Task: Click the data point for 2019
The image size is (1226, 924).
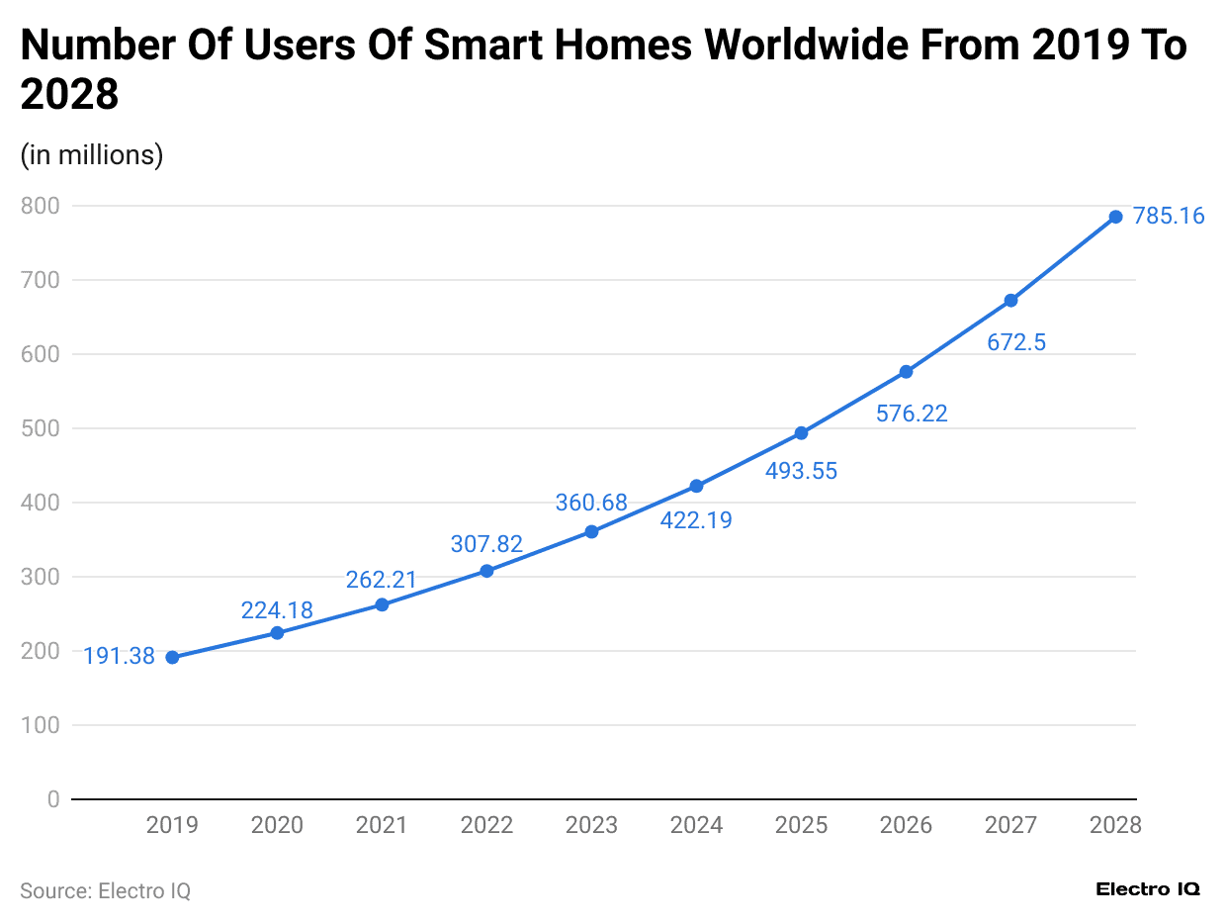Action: point(172,658)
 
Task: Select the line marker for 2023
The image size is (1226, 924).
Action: point(591,532)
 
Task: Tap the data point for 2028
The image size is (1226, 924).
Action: point(1115,217)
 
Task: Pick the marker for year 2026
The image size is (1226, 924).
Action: point(906,372)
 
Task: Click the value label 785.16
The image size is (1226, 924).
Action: point(1169,216)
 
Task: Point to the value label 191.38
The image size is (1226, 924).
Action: point(119,656)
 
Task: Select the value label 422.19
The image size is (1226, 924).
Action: point(696,520)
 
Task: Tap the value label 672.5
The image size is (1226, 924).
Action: point(1016,343)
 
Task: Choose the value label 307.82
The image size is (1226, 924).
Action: point(486,544)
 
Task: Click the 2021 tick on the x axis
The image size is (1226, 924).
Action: point(382,825)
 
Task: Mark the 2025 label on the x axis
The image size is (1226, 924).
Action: point(801,825)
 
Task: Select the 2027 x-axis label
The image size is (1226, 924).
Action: point(1010,825)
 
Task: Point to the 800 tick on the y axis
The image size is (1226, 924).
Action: point(40,206)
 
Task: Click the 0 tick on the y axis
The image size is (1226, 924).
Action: point(52,799)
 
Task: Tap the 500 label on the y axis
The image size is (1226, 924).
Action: point(40,428)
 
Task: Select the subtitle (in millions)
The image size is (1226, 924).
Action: point(92,155)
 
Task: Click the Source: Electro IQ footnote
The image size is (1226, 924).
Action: point(105,890)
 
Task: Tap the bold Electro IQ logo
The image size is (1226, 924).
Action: point(1148,889)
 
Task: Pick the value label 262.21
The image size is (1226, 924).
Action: point(382,580)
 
